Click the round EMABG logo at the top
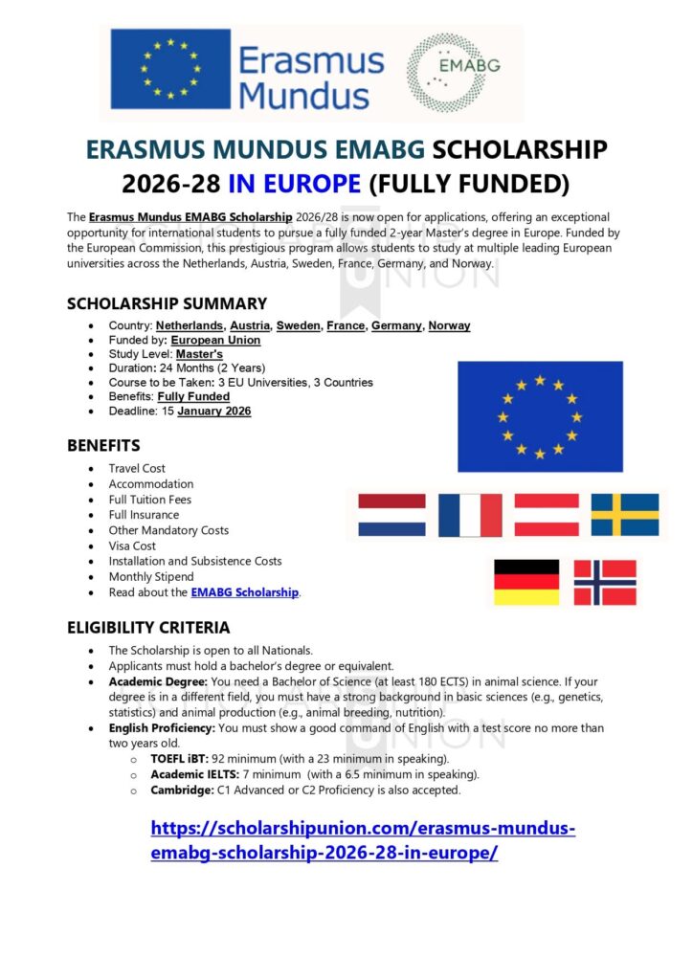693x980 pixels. (453, 73)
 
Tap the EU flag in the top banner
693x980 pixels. (170, 68)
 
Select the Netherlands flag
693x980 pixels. (391, 514)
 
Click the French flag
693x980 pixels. (470, 515)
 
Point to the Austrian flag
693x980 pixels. (547, 514)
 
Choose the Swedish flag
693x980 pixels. (625, 514)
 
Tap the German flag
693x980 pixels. (526, 582)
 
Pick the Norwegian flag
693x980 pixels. (605, 582)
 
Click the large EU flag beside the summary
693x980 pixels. (540, 416)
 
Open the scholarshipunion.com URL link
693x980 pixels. (363, 839)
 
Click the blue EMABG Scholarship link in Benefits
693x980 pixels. (245, 592)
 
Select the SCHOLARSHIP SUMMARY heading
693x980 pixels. (167, 303)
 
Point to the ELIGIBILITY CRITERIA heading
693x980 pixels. (148, 628)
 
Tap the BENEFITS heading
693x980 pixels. (103, 445)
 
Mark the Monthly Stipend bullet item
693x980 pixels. (151, 577)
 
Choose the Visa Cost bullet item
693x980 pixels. (132, 546)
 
